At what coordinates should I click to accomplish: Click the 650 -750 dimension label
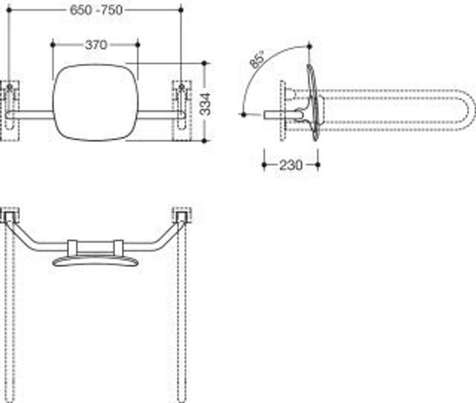(x=96, y=10)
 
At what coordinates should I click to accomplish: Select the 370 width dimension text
(x=96, y=45)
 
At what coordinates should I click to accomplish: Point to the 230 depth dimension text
(x=291, y=165)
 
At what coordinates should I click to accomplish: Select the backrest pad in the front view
(x=95, y=102)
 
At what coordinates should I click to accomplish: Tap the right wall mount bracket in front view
(x=181, y=110)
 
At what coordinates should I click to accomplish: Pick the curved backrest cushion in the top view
(x=95, y=261)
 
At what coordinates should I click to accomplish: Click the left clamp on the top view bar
(x=73, y=247)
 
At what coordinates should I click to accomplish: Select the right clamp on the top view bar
(x=119, y=247)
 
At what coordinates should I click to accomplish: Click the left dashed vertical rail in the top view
(x=10, y=316)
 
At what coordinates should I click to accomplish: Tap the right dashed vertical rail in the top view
(x=181, y=316)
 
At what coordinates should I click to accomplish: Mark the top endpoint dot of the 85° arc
(x=310, y=46)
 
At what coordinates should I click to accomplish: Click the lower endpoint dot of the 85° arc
(x=243, y=114)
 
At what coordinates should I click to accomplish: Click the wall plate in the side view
(x=282, y=110)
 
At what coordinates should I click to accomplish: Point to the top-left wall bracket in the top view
(x=10, y=215)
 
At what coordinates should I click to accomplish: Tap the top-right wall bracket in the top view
(x=181, y=215)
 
